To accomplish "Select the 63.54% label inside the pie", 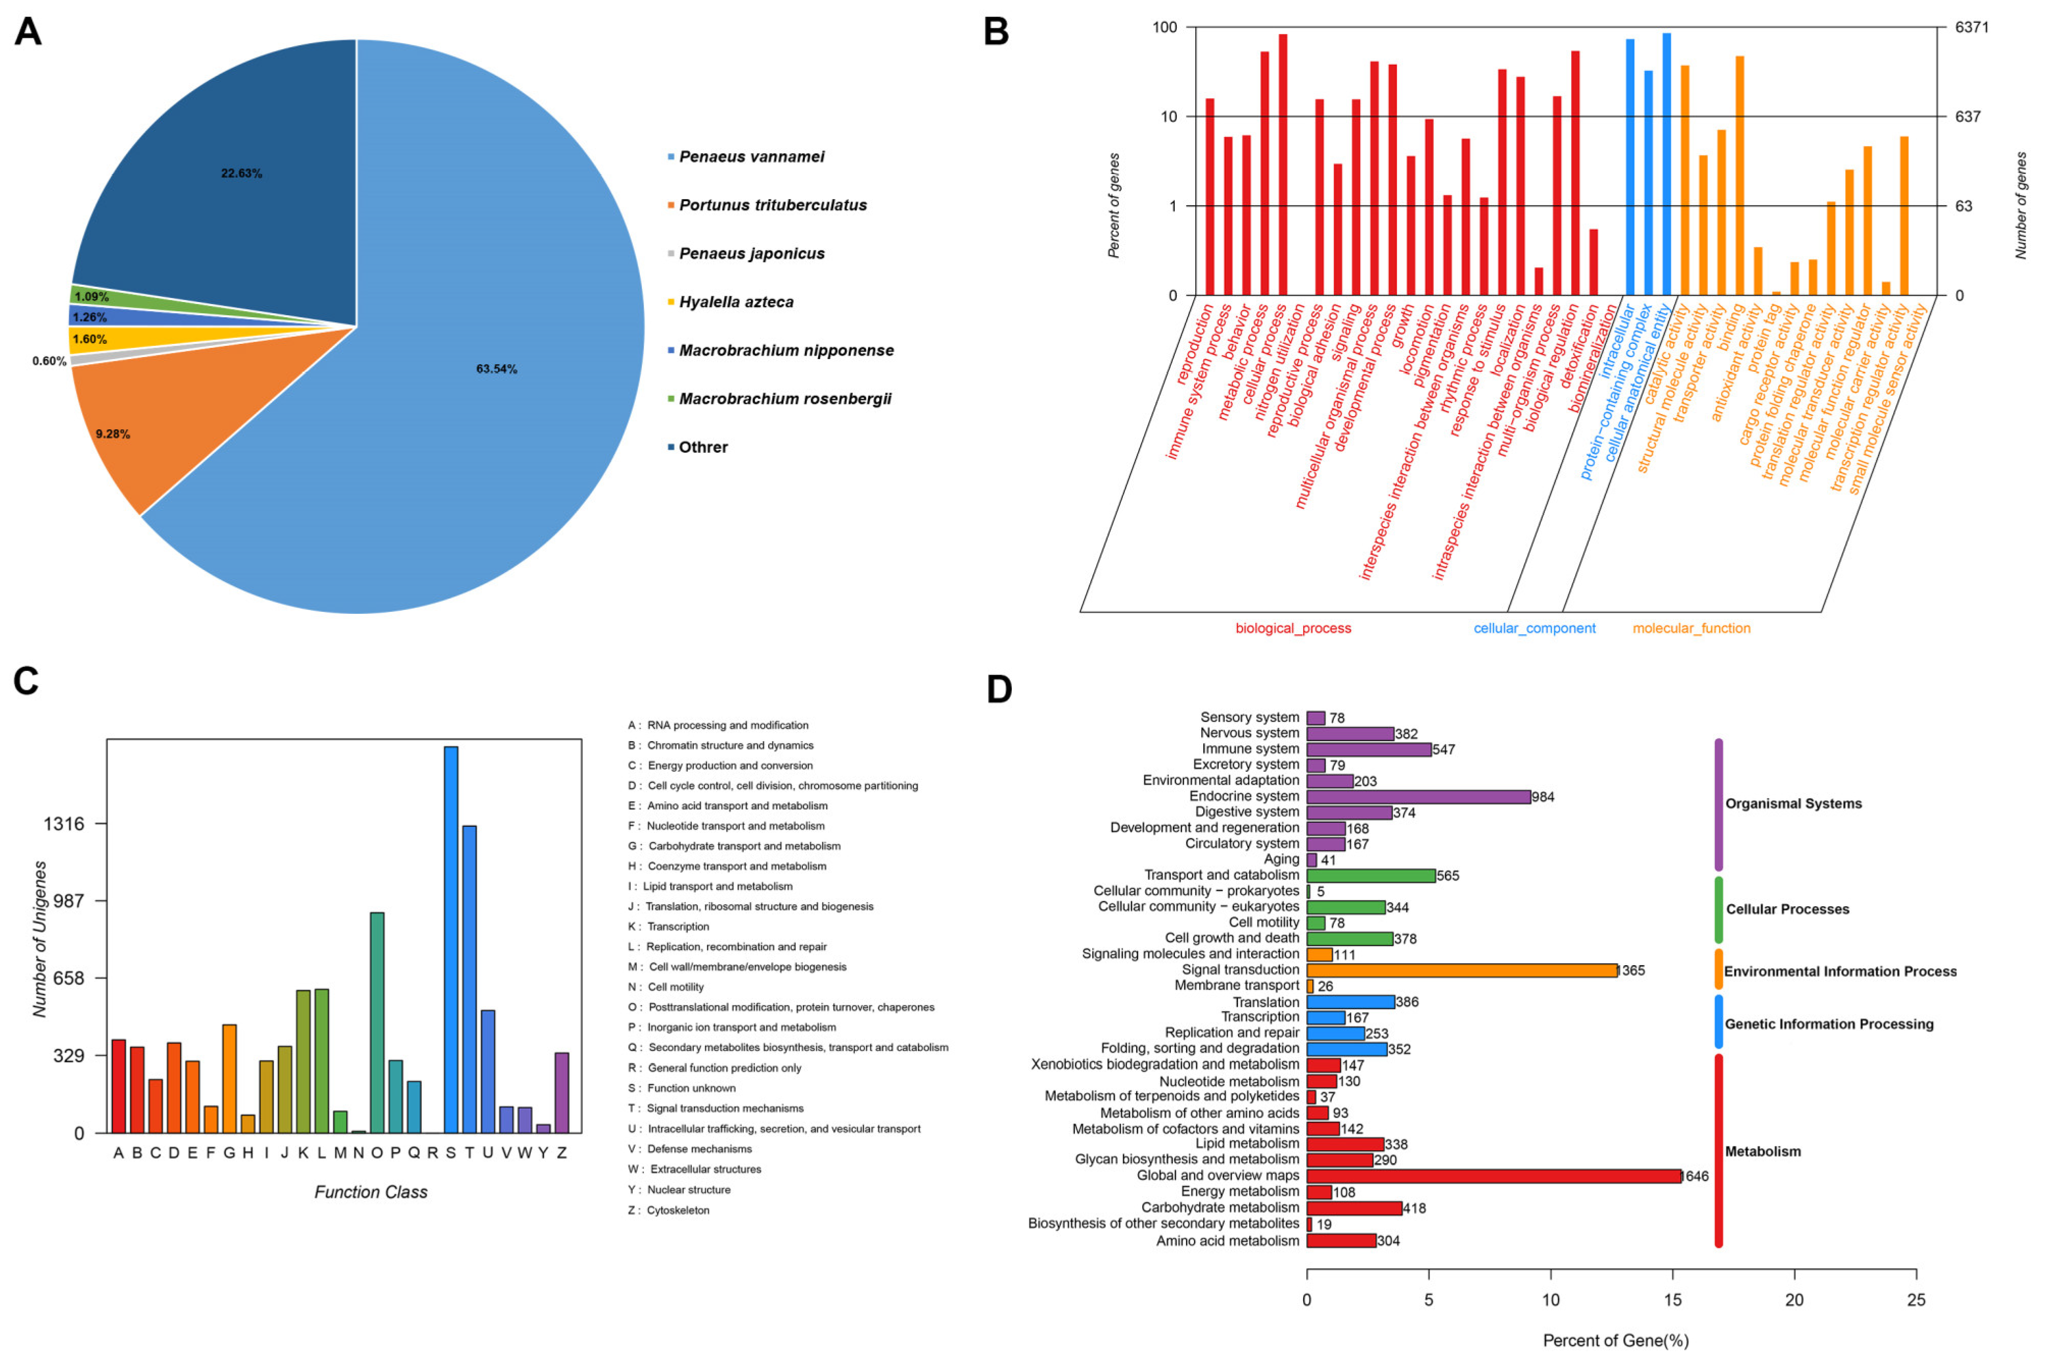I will click(496, 369).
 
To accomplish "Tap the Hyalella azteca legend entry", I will click(736, 302).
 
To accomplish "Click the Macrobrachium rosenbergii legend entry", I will click(784, 399).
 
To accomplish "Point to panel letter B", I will click(995, 32).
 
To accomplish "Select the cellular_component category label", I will click(1533, 628).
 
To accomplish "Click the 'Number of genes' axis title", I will click(2021, 206).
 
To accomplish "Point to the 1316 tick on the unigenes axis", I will click(64, 823).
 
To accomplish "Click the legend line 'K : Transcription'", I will click(669, 927).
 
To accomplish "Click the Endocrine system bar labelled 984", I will click(1417, 796).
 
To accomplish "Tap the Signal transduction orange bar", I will click(1462, 970).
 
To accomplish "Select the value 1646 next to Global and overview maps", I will click(1695, 1176).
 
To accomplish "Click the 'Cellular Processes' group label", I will click(1787, 909).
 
